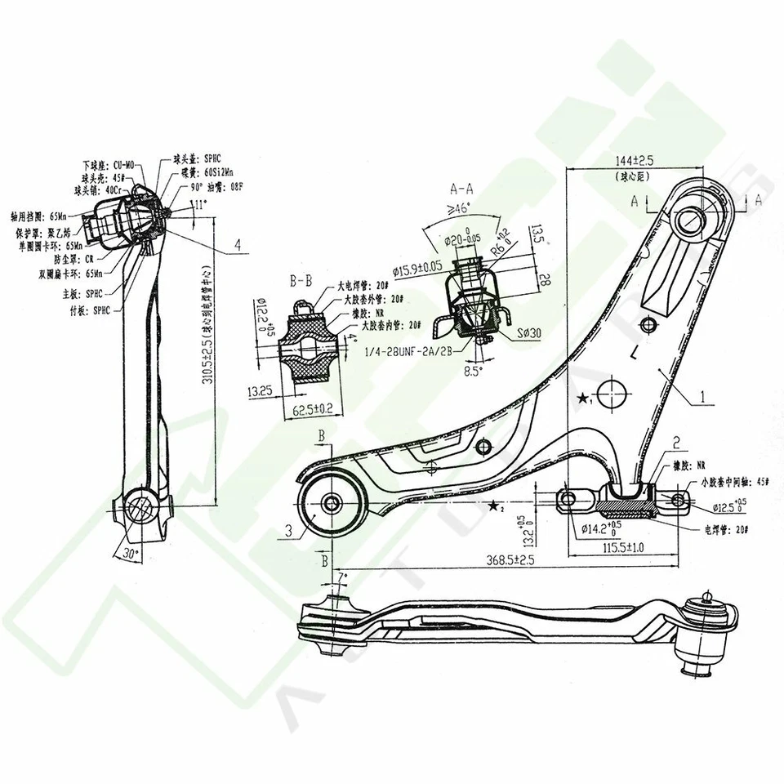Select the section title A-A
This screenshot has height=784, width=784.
[462, 187]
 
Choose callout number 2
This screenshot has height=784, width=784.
[677, 443]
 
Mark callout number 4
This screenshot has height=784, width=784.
[236, 244]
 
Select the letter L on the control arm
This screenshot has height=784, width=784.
[634, 353]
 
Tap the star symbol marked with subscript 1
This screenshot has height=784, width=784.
[583, 399]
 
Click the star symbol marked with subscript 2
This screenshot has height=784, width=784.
[494, 506]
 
